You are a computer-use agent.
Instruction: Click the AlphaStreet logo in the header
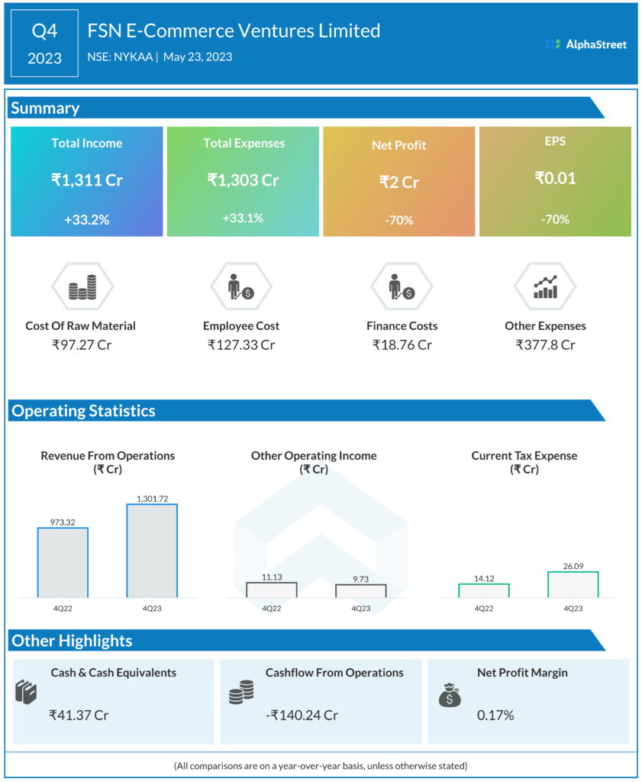point(586,44)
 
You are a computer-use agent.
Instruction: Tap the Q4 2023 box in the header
point(44,44)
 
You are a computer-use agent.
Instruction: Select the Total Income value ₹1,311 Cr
point(86,180)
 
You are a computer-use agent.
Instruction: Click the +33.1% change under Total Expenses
point(243,218)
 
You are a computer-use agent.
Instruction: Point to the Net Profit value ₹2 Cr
point(399,182)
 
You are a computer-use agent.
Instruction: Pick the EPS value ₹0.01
point(555,179)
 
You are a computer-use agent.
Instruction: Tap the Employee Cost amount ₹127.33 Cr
point(241,344)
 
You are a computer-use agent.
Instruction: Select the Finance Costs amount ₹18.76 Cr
point(402,344)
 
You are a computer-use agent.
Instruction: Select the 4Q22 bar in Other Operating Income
point(271,590)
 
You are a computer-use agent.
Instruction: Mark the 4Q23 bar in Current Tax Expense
point(573,584)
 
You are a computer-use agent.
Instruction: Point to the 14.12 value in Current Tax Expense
point(483,577)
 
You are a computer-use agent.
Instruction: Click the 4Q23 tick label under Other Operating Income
point(360,609)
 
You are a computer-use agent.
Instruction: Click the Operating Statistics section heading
point(83,411)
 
